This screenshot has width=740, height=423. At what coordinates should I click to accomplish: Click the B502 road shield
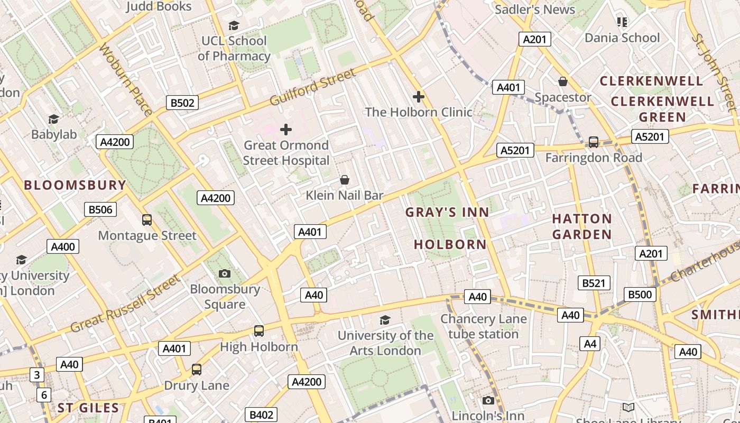(x=182, y=103)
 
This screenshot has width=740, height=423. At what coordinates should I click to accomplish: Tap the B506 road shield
(x=100, y=209)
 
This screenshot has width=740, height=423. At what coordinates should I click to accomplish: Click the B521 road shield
(x=594, y=283)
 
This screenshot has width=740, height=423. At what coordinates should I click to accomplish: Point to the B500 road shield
(x=640, y=295)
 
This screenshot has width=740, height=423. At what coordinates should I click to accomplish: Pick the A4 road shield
(x=590, y=344)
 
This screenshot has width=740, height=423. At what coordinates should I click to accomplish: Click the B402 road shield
(x=261, y=415)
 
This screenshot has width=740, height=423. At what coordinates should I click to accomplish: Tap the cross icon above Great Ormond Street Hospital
(x=286, y=130)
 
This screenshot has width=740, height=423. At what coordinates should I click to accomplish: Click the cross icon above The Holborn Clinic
(x=419, y=97)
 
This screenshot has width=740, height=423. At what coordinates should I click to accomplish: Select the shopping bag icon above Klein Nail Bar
(x=345, y=180)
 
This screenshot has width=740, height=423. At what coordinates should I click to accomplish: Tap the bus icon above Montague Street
(x=147, y=220)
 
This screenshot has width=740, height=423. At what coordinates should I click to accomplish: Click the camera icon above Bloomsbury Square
(x=225, y=273)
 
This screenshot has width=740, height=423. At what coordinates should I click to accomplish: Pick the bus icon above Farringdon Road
(x=594, y=142)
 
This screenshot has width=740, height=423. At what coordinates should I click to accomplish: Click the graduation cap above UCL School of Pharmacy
(x=234, y=25)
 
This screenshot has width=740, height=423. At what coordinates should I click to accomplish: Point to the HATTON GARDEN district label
(x=582, y=226)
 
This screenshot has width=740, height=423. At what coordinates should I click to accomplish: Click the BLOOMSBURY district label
(x=75, y=185)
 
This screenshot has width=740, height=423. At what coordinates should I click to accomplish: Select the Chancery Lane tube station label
(x=483, y=326)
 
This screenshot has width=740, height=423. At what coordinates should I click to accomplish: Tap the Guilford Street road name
(x=313, y=87)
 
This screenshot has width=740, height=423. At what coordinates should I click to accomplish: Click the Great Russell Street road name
(x=125, y=304)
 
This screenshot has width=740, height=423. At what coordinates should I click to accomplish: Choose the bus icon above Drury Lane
(x=197, y=370)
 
